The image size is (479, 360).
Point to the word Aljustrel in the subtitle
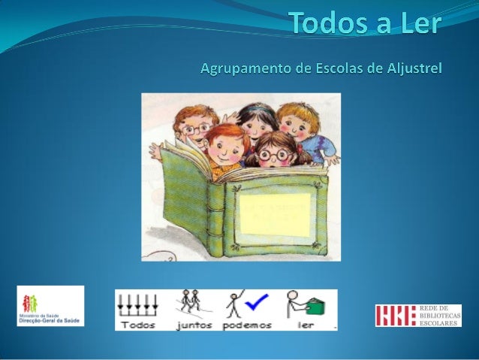[x=411, y=69]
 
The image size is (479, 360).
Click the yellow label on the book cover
[x=274, y=213]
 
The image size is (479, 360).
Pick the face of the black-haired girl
[x=258, y=126]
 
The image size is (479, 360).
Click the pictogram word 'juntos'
[x=194, y=325]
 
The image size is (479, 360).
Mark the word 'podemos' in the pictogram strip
[x=245, y=325]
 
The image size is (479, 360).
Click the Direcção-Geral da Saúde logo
[x=50, y=306]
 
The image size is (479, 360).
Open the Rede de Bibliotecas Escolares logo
[x=417, y=315]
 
